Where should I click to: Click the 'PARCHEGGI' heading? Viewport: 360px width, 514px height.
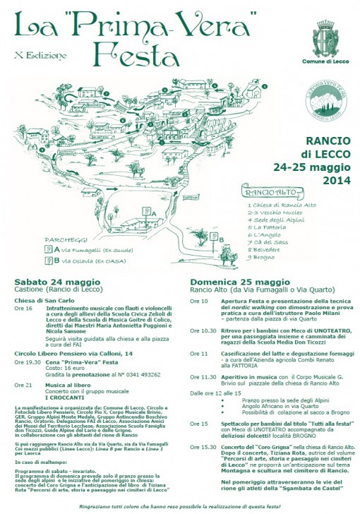64,239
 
